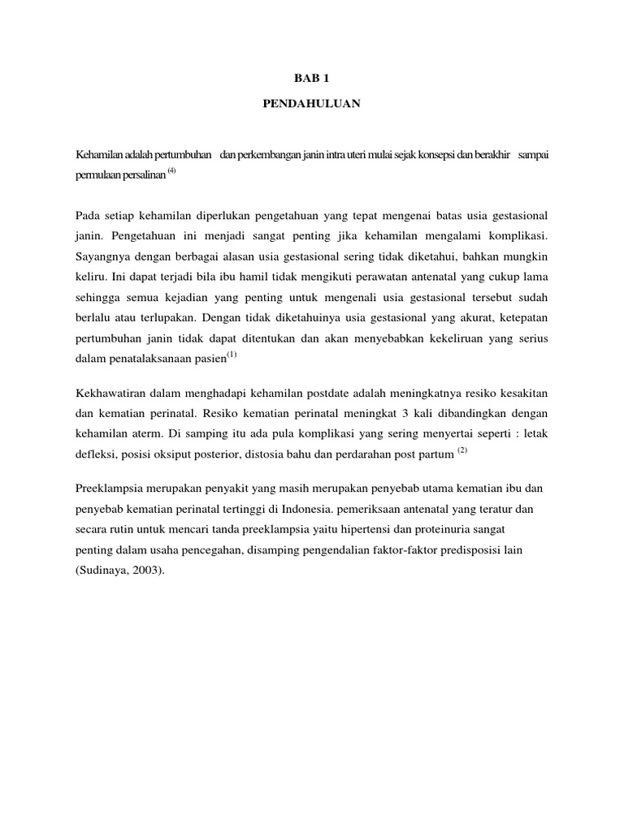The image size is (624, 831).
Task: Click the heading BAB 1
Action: point(312,79)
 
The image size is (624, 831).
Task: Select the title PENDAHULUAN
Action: point(312,105)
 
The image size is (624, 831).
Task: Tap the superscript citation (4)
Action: point(171,170)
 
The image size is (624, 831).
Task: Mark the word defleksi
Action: point(96,454)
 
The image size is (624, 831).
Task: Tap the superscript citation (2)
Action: point(462,450)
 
